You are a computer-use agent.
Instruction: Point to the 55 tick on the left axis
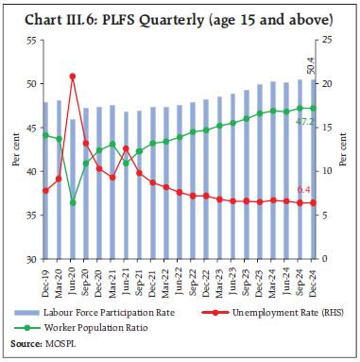29,41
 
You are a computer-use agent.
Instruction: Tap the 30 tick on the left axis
29,259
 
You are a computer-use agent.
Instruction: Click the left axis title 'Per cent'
16,150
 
